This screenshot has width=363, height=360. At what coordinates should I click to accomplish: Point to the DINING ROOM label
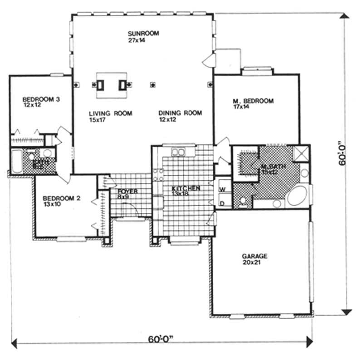180,113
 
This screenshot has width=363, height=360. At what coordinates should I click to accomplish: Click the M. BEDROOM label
253,101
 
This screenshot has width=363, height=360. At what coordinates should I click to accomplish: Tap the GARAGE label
255,256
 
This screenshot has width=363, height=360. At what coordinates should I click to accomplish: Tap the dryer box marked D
223,202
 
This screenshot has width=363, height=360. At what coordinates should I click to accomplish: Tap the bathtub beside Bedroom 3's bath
17,162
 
